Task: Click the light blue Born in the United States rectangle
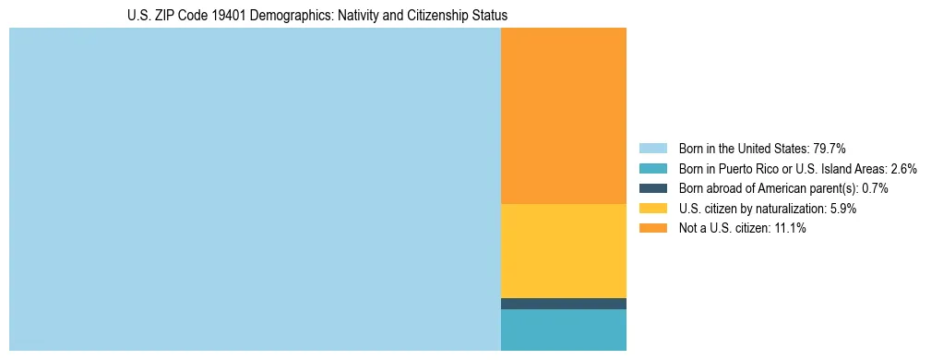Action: (x=255, y=189)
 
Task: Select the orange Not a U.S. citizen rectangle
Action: (x=563, y=115)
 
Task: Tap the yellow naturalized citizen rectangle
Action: (x=563, y=250)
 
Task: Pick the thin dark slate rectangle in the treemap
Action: (x=563, y=304)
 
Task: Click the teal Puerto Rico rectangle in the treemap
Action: (x=563, y=330)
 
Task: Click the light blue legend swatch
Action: (x=652, y=149)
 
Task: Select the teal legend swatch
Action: (x=652, y=169)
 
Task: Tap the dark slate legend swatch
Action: (x=652, y=188)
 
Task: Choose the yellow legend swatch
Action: (x=652, y=209)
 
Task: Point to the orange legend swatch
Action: (x=652, y=229)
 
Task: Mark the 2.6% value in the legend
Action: (x=903, y=169)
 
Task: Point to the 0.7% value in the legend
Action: (x=875, y=188)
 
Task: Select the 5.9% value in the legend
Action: (x=842, y=209)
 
